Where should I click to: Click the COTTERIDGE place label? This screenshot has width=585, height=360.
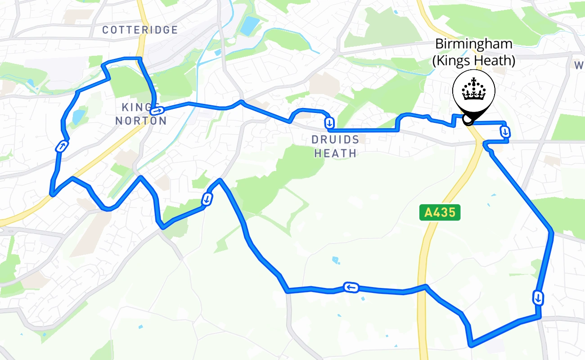140,30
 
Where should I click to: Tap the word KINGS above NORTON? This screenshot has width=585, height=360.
134,108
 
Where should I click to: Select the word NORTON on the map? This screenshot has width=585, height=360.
141,121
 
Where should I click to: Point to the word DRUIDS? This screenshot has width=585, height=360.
336,139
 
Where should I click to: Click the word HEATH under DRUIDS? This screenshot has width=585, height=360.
336,153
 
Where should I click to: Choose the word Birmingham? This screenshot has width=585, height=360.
473,44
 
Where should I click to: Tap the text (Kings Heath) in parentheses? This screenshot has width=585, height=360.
473,60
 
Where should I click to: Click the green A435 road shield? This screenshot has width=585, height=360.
440,213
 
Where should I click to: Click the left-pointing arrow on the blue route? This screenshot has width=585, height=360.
351,287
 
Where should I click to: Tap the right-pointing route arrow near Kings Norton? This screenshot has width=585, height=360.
157,110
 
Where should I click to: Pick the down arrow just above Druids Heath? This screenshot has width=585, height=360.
330,122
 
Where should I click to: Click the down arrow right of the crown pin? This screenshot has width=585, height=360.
505,132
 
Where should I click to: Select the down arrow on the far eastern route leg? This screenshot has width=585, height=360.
538,297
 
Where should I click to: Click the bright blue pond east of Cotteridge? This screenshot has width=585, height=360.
249,26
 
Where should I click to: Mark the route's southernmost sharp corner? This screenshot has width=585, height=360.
471,346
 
